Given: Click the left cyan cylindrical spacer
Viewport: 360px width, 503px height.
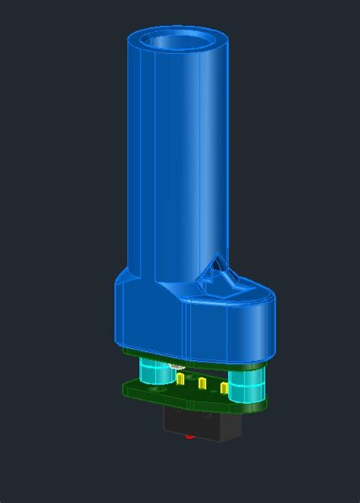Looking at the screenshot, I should (x=151, y=374).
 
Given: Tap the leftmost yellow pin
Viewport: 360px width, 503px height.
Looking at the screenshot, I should (x=181, y=377).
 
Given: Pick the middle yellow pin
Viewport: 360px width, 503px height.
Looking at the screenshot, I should (x=201, y=384).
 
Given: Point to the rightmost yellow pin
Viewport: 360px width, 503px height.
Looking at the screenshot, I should (x=224, y=389).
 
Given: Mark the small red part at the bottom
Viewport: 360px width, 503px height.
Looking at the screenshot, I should (x=188, y=438).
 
